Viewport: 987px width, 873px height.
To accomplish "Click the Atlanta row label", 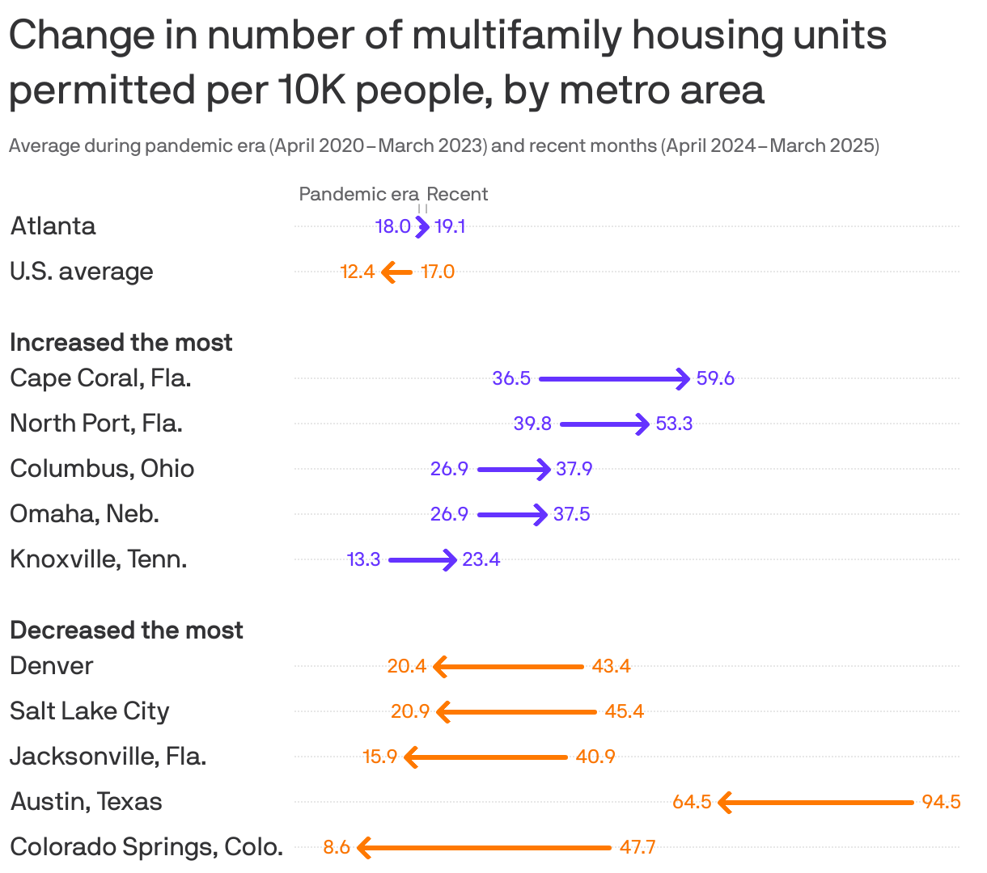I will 53,226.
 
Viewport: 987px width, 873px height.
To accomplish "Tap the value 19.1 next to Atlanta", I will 450,226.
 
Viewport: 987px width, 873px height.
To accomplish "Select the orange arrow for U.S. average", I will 397,272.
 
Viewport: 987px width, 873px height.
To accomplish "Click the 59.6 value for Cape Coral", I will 715,378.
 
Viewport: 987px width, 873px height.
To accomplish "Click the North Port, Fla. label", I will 95,424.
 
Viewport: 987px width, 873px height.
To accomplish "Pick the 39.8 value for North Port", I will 532,424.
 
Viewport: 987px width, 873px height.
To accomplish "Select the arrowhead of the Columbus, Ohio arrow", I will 546,469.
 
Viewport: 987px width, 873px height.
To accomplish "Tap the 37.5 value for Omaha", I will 571,514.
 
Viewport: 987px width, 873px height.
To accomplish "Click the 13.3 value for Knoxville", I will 363,559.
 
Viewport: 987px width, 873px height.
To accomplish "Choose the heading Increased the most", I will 121,343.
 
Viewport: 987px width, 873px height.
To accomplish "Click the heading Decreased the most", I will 126,630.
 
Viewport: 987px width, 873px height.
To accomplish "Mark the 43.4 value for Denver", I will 611,666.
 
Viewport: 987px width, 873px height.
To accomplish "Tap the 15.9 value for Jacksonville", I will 379,757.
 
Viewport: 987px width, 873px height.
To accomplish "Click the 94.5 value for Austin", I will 941,802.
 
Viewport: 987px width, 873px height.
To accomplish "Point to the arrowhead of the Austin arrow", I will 724,803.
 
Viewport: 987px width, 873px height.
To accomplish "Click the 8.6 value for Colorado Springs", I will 337,847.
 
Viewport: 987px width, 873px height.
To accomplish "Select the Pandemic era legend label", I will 358,194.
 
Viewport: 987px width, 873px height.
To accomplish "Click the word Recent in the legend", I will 457,194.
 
